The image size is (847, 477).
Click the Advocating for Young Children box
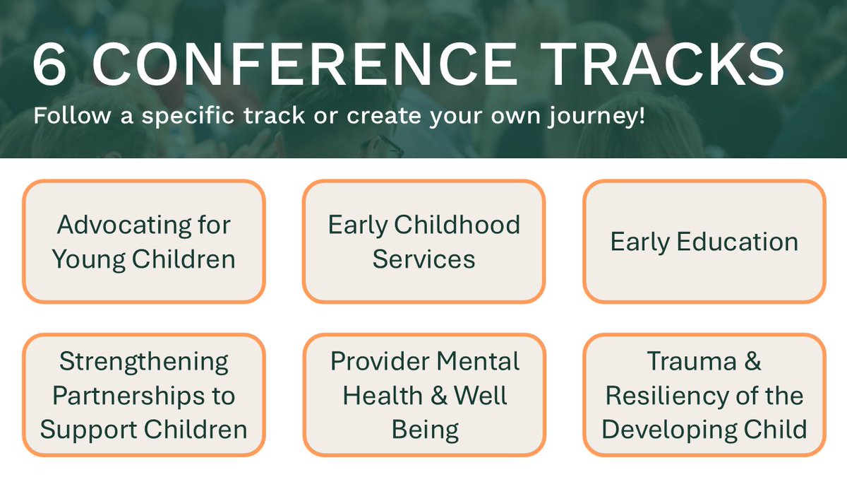tap(144, 242)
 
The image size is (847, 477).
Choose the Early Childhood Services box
tap(423, 242)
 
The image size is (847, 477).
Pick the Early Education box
tap(704, 242)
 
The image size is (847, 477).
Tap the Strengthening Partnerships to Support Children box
tap(144, 395)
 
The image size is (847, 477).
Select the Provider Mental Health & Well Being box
tap(423, 395)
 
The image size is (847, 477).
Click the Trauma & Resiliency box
tap(704, 395)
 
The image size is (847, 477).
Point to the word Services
tap(423, 259)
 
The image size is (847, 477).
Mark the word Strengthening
tap(144, 362)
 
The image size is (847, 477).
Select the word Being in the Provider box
tap(424, 429)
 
